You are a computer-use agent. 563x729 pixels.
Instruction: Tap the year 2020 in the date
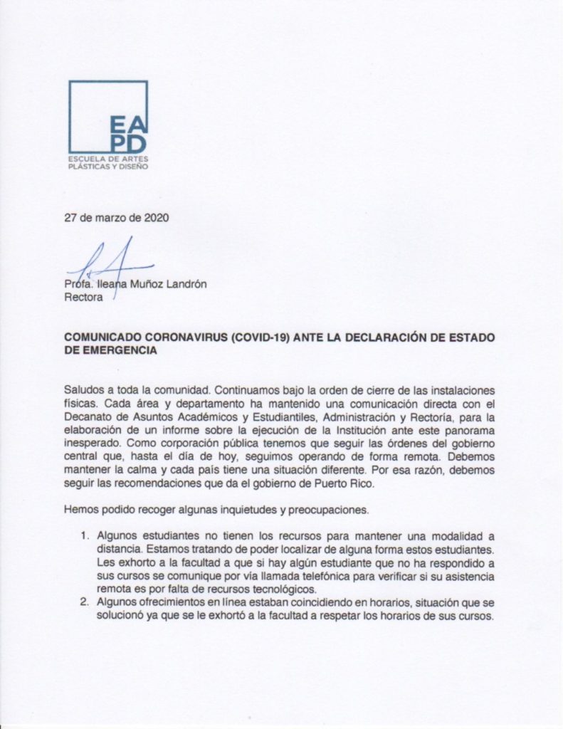point(156,219)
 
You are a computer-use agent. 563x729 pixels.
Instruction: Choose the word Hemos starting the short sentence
point(80,510)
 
